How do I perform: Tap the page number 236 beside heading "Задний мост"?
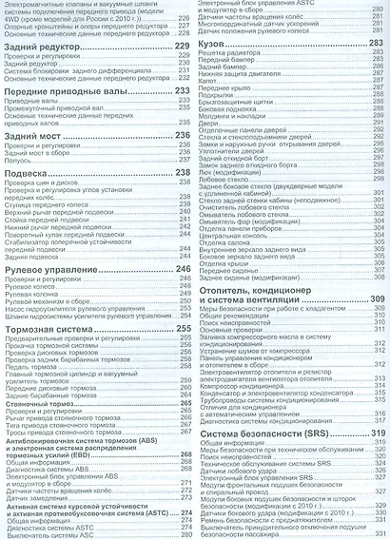click(x=185, y=136)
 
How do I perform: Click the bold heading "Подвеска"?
click(x=28, y=173)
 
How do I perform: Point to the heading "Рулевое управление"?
click(x=52, y=270)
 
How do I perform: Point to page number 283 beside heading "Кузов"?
click(x=376, y=44)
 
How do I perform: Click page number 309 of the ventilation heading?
click(x=376, y=300)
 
